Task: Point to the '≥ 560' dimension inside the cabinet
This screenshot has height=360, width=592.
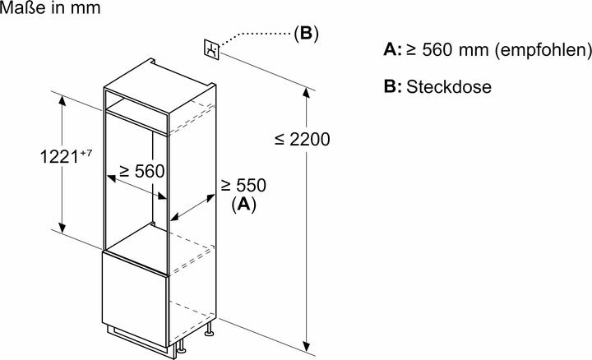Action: pyautogui.click(x=141, y=172)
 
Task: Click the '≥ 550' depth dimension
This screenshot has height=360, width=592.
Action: pyautogui.click(x=243, y=186)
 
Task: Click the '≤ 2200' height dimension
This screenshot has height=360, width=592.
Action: pyautogui.click(x=302, y=141)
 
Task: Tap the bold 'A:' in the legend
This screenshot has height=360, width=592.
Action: pyautogui.click(x=393, y=51)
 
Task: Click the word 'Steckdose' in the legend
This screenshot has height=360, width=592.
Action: pyautogui.click(x=448, y=87)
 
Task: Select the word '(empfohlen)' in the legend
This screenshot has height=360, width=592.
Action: pyautogui.click(x=545, y=51)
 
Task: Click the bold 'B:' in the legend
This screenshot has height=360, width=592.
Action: pyautogui.click(x=393, y=87)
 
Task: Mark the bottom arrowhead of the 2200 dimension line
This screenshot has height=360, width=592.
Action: pyautogui.click(x=308, y=344)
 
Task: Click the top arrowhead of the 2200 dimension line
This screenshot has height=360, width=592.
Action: pyautogui.click(x=308, y=90)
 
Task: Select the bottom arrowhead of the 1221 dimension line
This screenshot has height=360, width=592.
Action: pyautogui.click(x=62, y=230)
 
